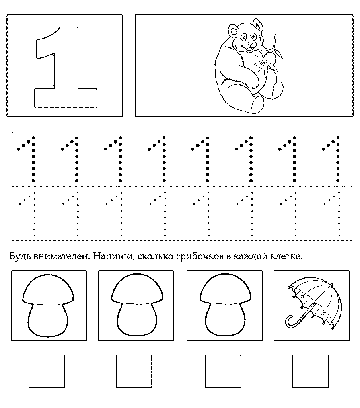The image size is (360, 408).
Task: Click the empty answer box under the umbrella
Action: coord(310,371)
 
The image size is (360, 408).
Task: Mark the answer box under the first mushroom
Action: coord(47,371)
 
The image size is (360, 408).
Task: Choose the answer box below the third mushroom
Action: coord(223,371)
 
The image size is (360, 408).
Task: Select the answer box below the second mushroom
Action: coord(134,371)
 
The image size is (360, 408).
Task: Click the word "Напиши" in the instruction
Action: coord(113,257)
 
